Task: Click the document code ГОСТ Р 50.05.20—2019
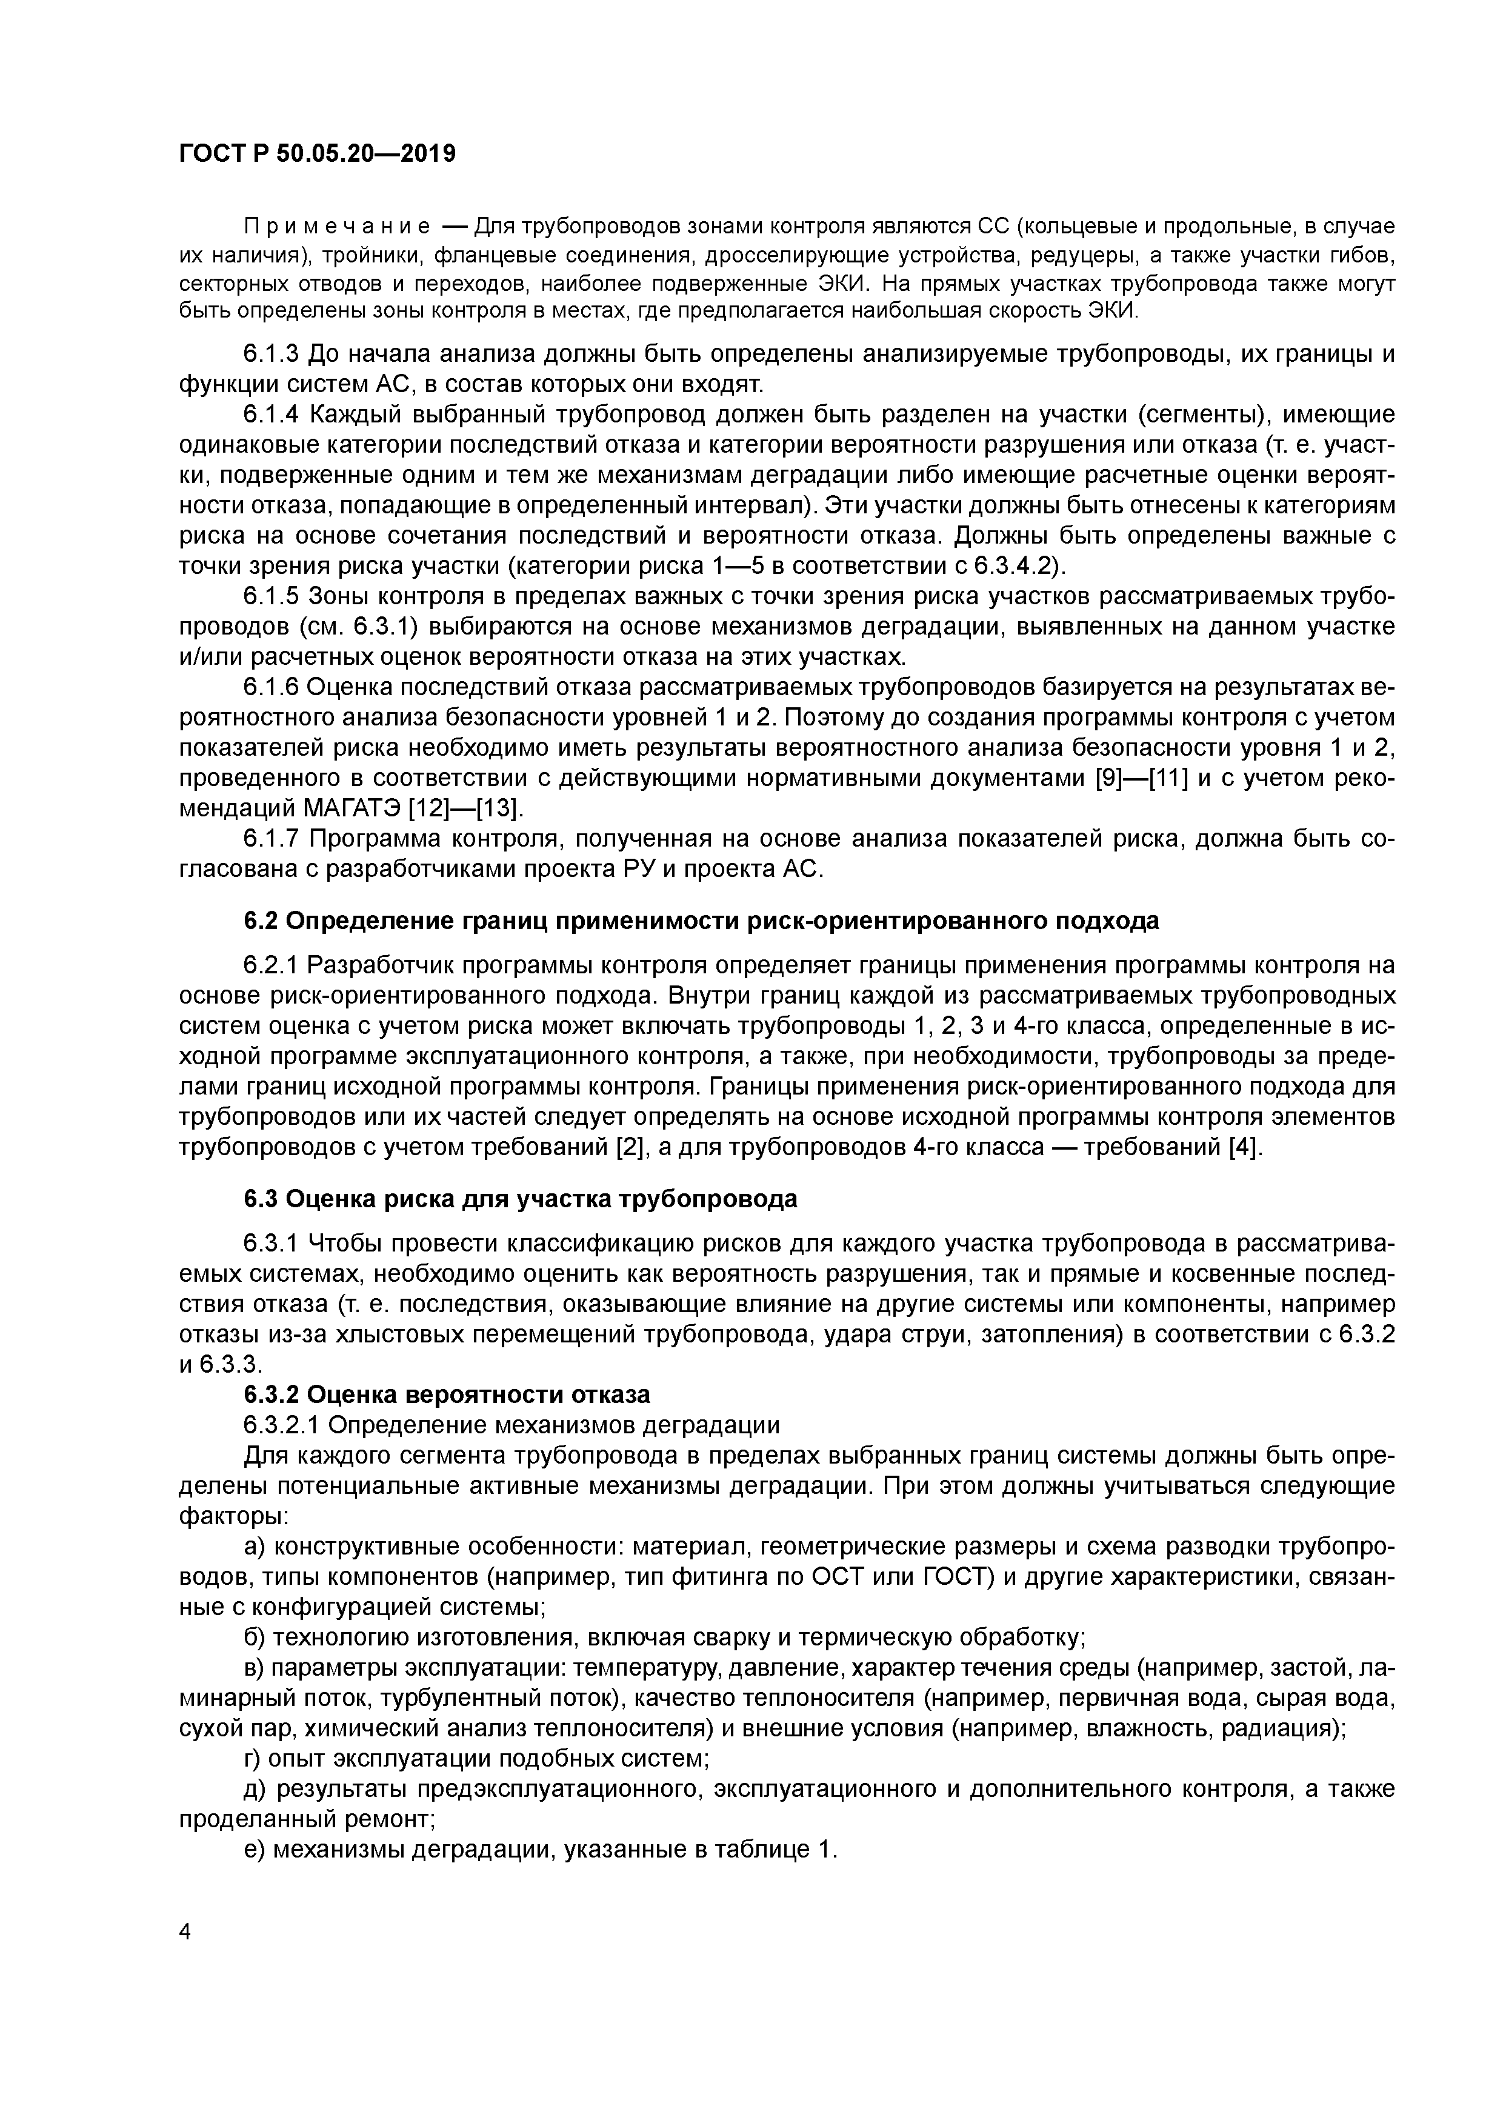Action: [x=317, y=154]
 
